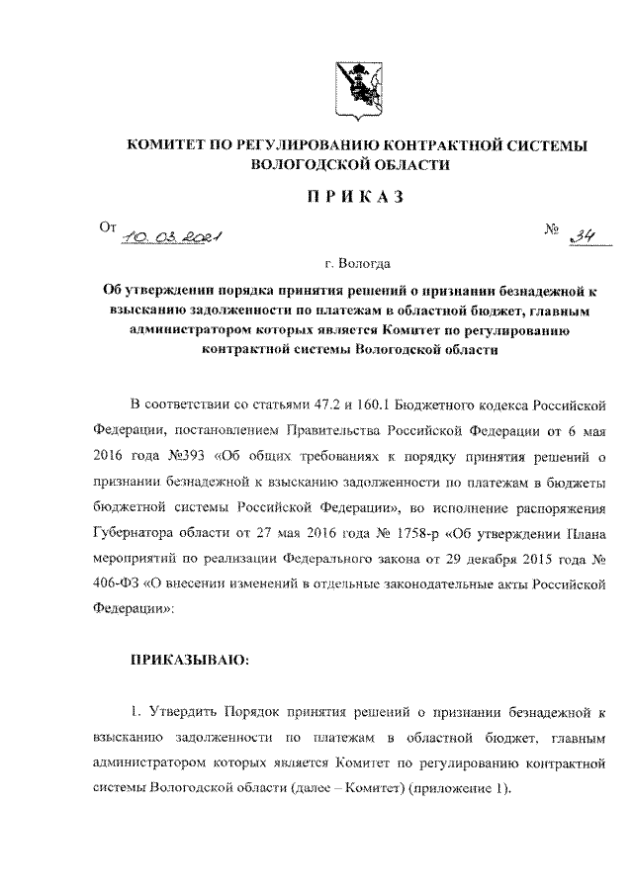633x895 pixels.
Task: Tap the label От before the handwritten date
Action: coord(108,226)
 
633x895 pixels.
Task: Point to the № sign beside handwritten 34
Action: coord(552,229)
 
